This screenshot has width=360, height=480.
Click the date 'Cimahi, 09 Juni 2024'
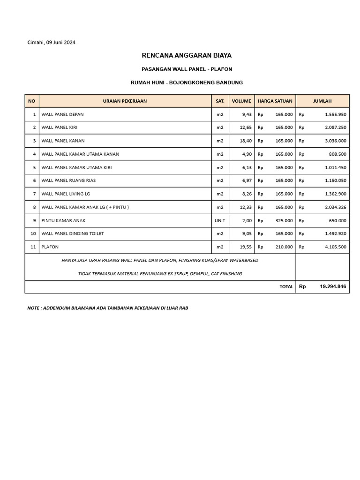(52, 43)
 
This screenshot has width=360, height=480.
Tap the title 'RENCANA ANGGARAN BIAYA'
(187, 55)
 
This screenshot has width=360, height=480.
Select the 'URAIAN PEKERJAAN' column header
(125, 101)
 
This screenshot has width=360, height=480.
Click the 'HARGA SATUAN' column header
(275, 101)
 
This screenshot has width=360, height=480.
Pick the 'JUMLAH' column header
(322, 101)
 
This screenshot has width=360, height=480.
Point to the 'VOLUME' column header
(241, 101)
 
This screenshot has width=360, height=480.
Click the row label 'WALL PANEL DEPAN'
(63, 114)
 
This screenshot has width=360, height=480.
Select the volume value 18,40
(246, 141)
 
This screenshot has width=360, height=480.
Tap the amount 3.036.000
(335, 141)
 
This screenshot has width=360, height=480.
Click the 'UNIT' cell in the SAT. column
(220, 220)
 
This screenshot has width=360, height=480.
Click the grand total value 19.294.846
(333, 286)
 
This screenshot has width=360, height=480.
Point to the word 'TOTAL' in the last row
(286, 287)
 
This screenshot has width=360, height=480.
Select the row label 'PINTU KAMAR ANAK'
(64, 220)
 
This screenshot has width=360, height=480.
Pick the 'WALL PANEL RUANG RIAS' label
(69, 180)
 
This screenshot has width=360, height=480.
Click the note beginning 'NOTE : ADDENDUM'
(108, 308)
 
